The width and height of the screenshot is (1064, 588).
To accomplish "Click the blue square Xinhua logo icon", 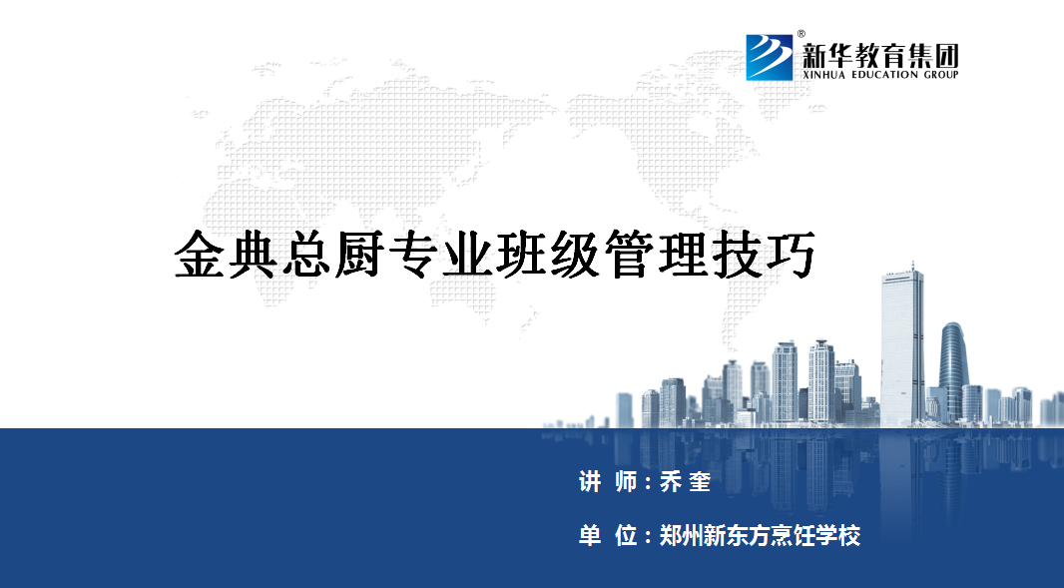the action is point(770,58).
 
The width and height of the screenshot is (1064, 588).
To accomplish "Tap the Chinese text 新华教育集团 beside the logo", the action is point(880,55).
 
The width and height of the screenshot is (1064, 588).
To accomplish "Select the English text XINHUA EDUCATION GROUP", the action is point(880,75).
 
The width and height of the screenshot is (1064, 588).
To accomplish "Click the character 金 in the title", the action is point(200,255).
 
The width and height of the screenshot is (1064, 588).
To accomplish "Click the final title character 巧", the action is point(792,255).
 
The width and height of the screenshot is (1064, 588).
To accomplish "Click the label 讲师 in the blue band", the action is point(608,482).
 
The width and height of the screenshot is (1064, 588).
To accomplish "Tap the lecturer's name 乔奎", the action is point(686,482).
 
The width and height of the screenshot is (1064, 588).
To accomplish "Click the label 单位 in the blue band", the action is point(608,536).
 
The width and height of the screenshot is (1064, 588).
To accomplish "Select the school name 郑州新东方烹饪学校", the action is point(760,536).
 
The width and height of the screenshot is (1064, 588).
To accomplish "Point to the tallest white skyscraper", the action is point(902,346).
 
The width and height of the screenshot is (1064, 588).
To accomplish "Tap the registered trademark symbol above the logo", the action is point(800,33).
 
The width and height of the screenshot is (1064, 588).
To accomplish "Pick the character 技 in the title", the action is point(738,255).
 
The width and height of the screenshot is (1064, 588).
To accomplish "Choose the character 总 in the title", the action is point(306,255).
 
